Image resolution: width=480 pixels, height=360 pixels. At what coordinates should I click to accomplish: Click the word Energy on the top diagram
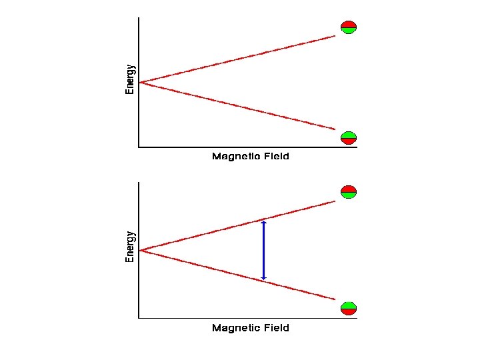click(130, 79)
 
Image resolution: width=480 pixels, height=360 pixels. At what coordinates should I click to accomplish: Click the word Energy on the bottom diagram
click(130, 246)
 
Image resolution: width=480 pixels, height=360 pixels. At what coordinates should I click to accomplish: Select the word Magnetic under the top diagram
click(236, 157)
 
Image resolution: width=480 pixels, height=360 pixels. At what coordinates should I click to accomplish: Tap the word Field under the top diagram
click(276, 157)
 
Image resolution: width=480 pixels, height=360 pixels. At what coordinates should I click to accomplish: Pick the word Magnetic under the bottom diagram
click(236, 328)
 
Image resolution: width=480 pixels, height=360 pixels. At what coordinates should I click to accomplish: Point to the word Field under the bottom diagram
click(276, 328)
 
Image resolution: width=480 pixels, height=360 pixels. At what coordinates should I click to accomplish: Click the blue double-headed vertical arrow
click(264, 250)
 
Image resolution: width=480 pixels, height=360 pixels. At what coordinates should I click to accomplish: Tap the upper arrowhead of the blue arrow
click(264, 223)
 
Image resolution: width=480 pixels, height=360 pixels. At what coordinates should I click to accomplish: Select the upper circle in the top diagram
click(349, 27)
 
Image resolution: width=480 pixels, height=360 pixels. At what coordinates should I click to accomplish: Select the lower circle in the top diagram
click(349, 138)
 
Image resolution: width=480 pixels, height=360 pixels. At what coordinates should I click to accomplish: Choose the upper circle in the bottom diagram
click(349, 192)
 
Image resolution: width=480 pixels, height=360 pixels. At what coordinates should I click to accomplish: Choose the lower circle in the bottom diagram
click(349, 308)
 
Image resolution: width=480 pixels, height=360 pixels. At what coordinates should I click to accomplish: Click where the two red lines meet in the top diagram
click(141, 83)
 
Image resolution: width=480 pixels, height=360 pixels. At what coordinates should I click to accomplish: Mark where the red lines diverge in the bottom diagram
click(141, 250)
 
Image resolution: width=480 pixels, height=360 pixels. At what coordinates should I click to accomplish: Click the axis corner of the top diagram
click(139, 147)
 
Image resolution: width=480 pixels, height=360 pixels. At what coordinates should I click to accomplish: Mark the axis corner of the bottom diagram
click(139, 318)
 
